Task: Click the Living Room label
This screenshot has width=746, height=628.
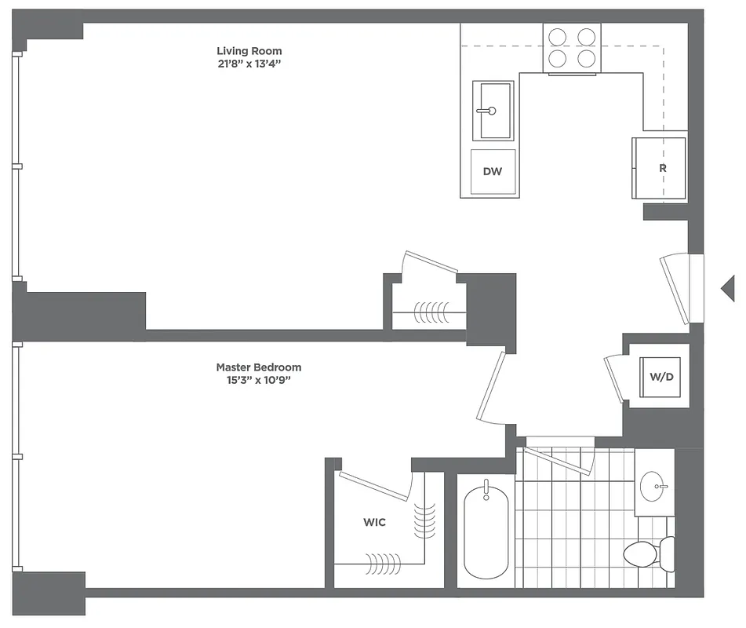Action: (x=249, y=51)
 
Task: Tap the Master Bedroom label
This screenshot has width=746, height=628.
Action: (x=258, y=367)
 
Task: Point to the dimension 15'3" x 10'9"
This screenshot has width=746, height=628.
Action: (x=258, y=380)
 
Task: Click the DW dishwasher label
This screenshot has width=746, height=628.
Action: (x=492, y=172)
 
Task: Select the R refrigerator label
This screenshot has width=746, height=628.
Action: (x=663, y=168)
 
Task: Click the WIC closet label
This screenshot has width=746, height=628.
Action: (x=373, y=522)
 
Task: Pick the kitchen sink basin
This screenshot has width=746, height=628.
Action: (x=493, y=111)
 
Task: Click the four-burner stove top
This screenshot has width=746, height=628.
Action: (x=572, y=48)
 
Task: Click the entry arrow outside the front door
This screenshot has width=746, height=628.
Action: (x=727, y=288)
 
